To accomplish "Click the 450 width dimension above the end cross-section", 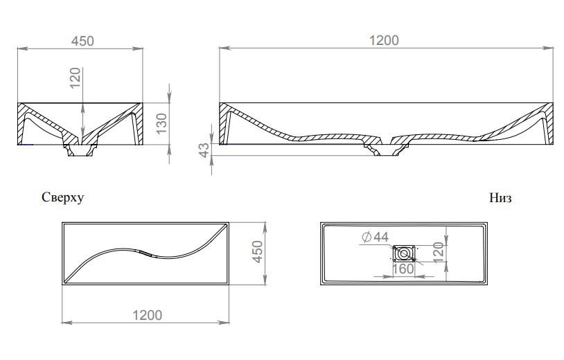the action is [82, 41].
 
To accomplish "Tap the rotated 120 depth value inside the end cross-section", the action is [75, 78].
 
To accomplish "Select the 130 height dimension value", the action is [162, 123].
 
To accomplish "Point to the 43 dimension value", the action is [204, 150].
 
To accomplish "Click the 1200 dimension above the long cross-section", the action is [384, 40].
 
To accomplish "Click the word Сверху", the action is [62, 197].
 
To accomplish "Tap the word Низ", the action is [500, 197].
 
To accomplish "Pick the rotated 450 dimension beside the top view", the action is [258, 251].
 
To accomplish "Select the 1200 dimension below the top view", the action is [147, 315].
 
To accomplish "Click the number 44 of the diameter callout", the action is [381, 237].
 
